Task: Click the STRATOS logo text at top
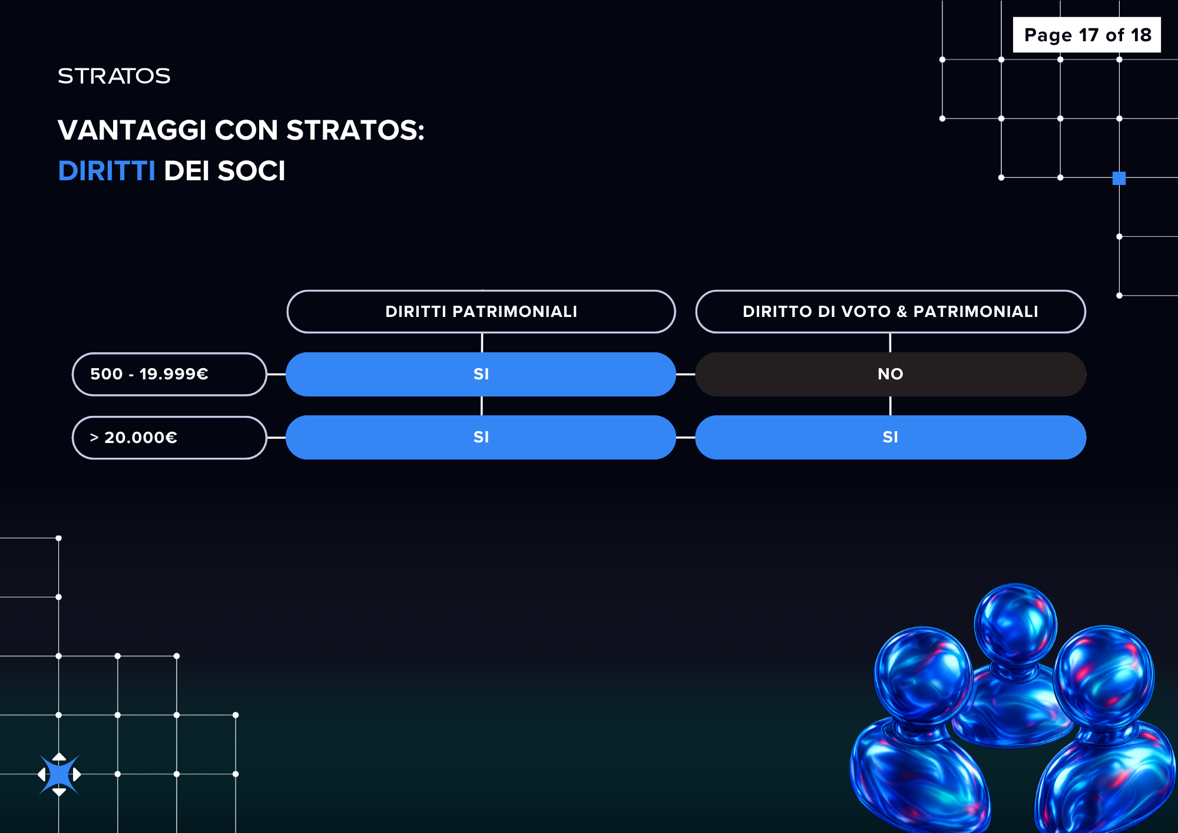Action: point(114,76)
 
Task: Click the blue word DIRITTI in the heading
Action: point(107,171)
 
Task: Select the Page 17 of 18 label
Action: point(1087,35)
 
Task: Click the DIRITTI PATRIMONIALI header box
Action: point(481,312)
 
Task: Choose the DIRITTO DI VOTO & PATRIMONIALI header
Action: point(891,312)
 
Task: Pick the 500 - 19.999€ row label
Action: point(170,374)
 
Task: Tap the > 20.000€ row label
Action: point(170,438)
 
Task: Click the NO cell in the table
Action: point(891,374)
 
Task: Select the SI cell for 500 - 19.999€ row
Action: point(481,374)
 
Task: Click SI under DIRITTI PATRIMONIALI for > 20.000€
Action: point(481,437)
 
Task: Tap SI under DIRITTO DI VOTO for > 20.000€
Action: point(891,437)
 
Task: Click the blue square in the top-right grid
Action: point(1119,178)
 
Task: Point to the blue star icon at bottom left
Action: point(59,774)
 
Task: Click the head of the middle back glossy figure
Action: point(1015,624)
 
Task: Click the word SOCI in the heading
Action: point(252,171)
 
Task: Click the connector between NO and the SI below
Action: point(891,406)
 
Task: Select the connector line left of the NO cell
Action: point(686,374)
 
